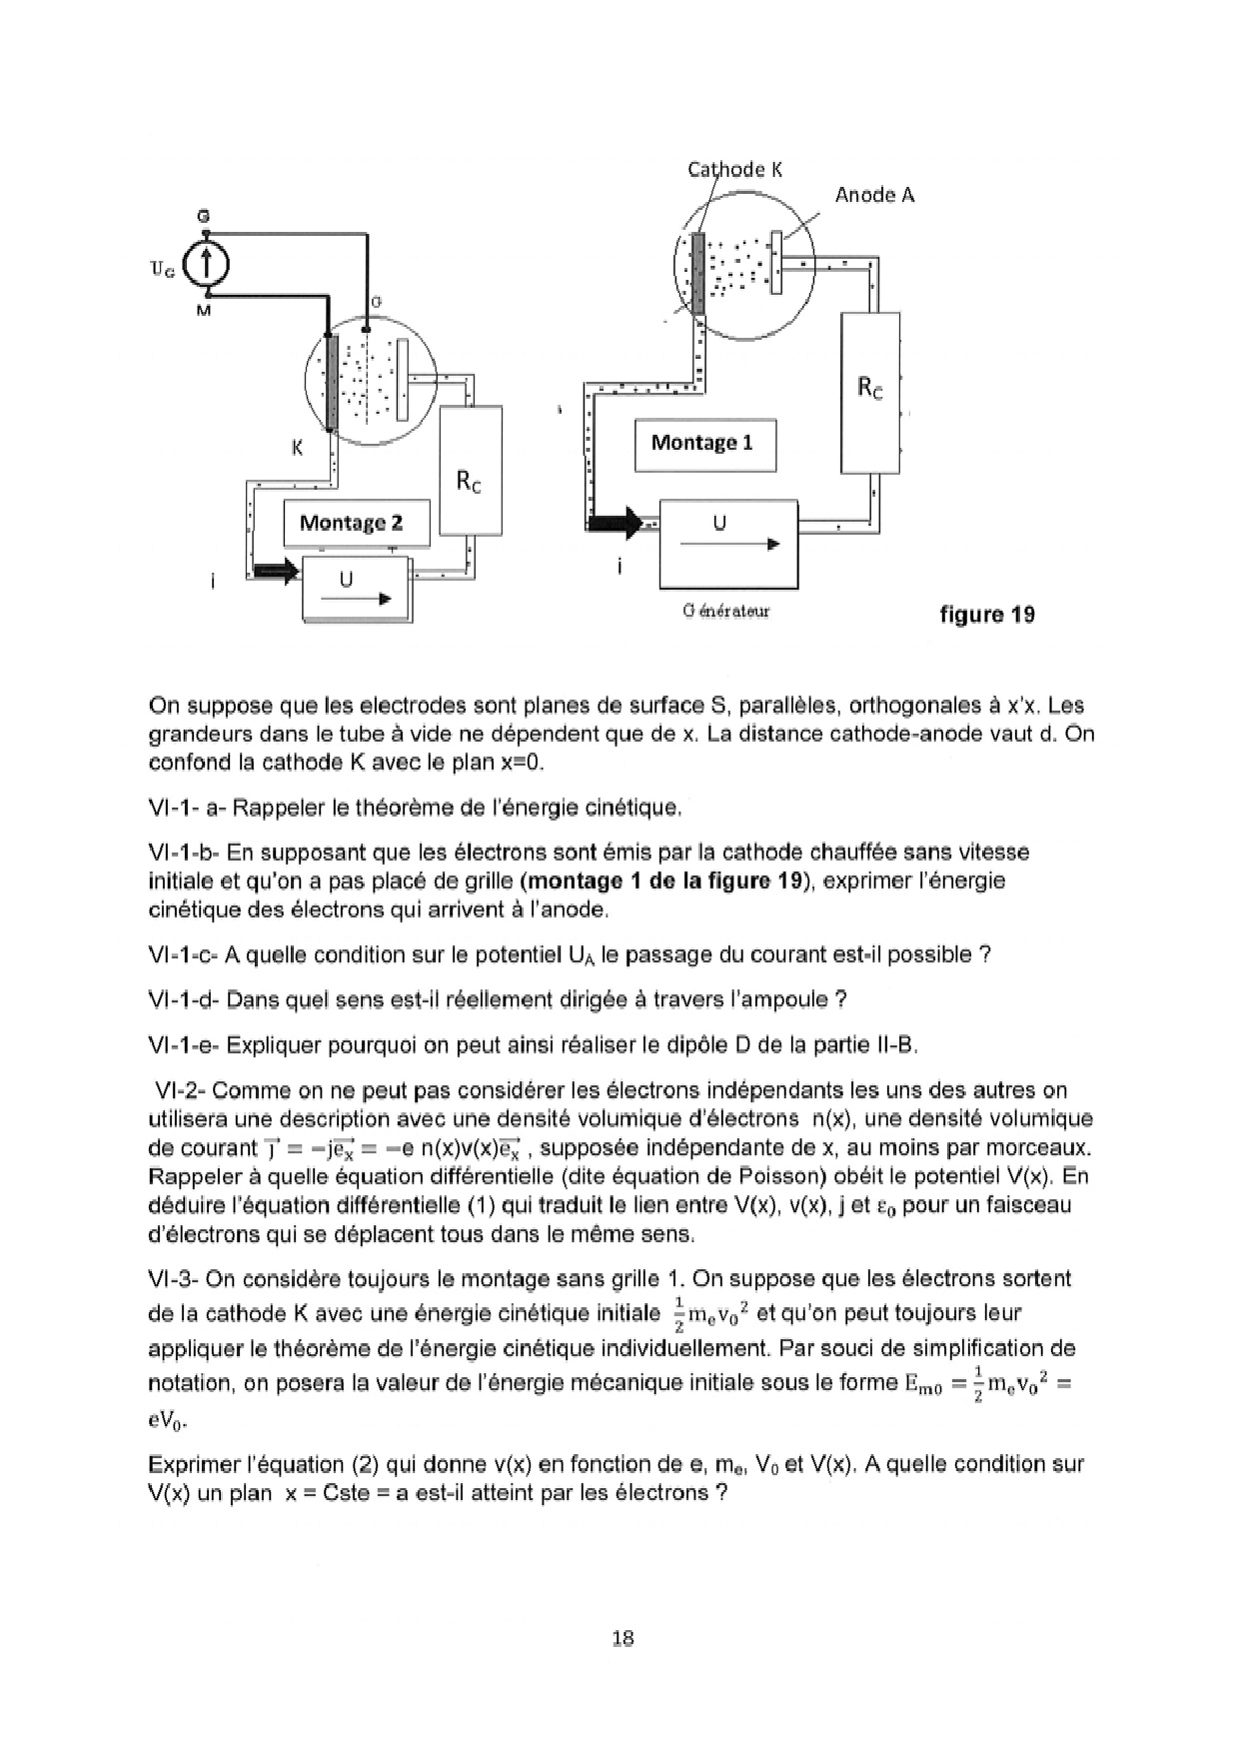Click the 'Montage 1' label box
704,444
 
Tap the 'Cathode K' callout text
734,169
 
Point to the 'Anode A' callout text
874,195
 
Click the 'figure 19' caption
986,615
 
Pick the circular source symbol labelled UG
207,265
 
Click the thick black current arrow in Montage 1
616,521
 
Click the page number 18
621,1638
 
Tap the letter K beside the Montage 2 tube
297,448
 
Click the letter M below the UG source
205,311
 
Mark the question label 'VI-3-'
174,1279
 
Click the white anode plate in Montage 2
403,380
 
